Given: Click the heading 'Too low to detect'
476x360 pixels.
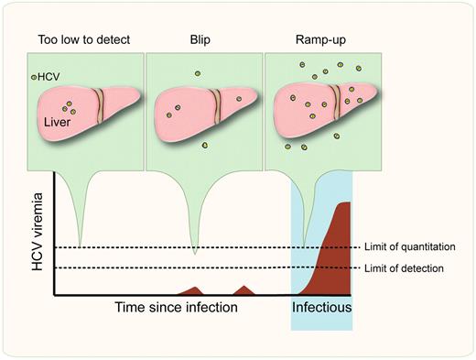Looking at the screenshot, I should coord(79,39).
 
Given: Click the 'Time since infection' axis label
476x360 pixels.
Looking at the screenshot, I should coord(176,307).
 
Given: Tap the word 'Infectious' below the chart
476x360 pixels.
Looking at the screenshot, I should coord(321,307).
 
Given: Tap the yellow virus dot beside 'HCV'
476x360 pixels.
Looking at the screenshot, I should coord(34,78).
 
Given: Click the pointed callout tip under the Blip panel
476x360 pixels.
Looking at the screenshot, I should coord(194,252).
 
